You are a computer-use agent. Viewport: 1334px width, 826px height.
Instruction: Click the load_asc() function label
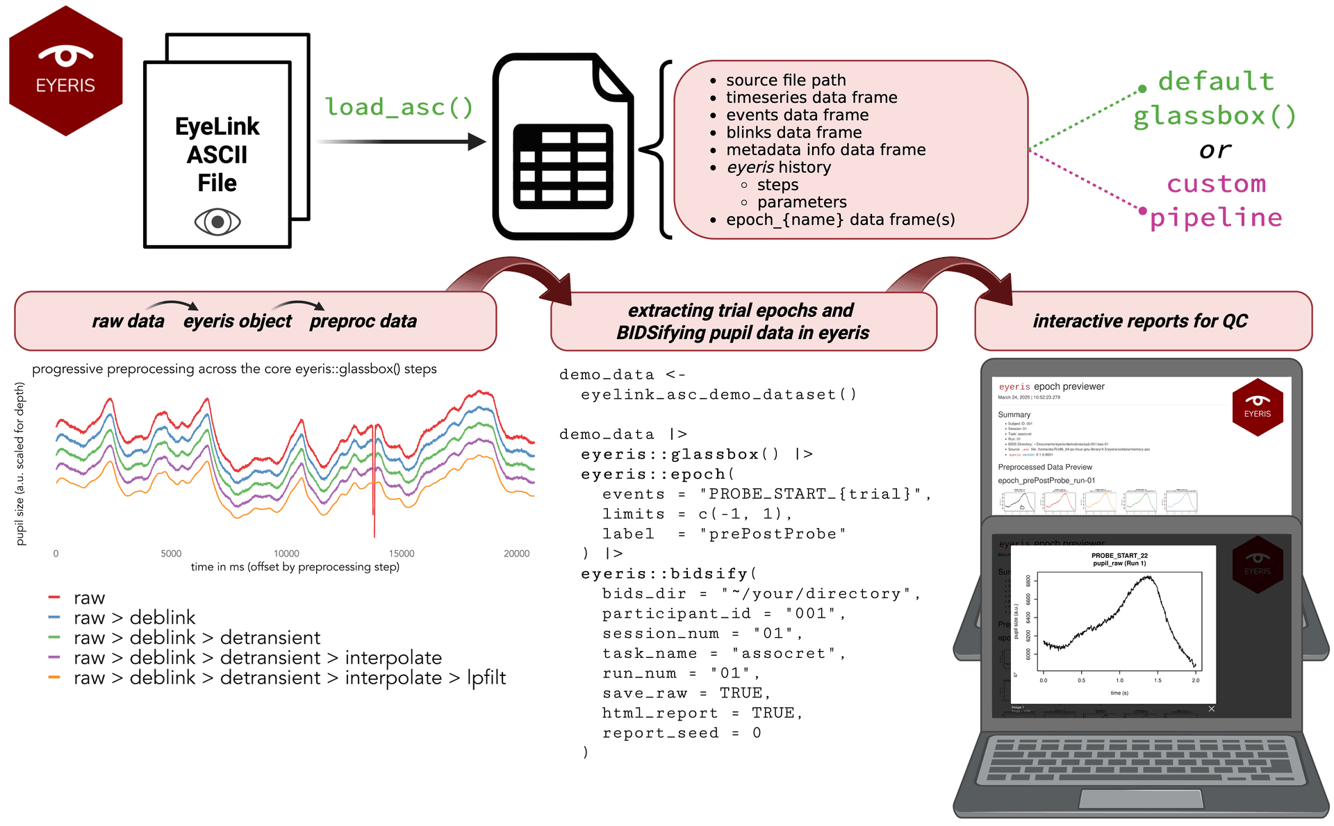pyautogui.click(x=399, y=107)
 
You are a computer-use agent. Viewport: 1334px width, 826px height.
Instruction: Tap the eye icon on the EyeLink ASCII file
pyautogui.click(x=217, y=222)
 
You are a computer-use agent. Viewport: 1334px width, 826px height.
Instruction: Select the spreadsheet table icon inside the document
pyautogui.click(x=563, y=166)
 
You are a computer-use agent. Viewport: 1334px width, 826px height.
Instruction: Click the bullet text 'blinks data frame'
pyautogui.click(x=793, y=132)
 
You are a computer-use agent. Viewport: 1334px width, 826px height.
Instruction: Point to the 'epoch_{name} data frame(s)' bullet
pyautogui.click(x=840, y=220)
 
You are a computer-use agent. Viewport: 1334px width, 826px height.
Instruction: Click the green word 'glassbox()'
pyautogui.click(x=1214, y=115)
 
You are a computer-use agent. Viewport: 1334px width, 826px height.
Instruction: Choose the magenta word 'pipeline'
pyautogui.click(x=1216, y=217)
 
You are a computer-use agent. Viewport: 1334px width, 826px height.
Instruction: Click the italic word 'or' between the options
pyautogui.click(x=1214, y=150)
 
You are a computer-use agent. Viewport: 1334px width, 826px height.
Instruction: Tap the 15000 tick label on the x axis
pyautogui.click(x=402, y=554)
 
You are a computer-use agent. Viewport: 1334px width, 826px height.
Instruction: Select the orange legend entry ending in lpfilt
pyautogui.click(x=290, y=677)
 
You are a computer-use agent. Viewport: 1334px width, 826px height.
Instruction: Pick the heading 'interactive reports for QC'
pyautogui.click(x=1140, y=321)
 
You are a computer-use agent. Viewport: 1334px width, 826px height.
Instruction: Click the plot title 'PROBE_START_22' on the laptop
pyautogui.click(x=1119, y=556)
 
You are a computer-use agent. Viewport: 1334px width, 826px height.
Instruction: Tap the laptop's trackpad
pyautogui.click(x=1140, y=799)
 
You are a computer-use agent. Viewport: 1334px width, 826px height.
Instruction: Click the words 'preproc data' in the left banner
pyautogui.click(x=363, y=321)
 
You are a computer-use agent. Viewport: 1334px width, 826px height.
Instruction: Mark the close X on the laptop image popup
pyautogui.click(x=1211, y=709)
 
